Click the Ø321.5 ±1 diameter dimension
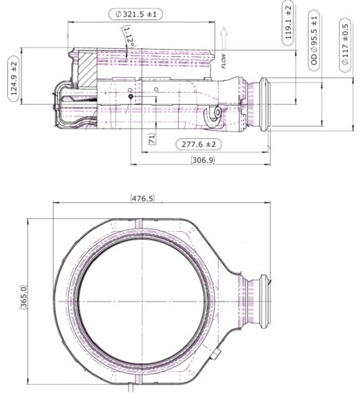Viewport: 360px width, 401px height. point(136,14)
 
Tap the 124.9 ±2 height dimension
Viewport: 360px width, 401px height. point(14,79)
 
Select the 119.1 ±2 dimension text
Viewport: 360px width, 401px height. point(288,23)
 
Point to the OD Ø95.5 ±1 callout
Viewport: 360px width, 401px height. point(313,40)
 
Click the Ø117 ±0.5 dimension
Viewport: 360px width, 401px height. point(345,45)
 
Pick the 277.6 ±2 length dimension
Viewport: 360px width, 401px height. point(199,144)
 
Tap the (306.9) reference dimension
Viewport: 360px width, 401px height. point(203,160)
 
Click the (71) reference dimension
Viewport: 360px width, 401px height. point(152,139)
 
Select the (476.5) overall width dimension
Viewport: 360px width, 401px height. point(143,198)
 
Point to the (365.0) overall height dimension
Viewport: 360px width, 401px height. point(23,298)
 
